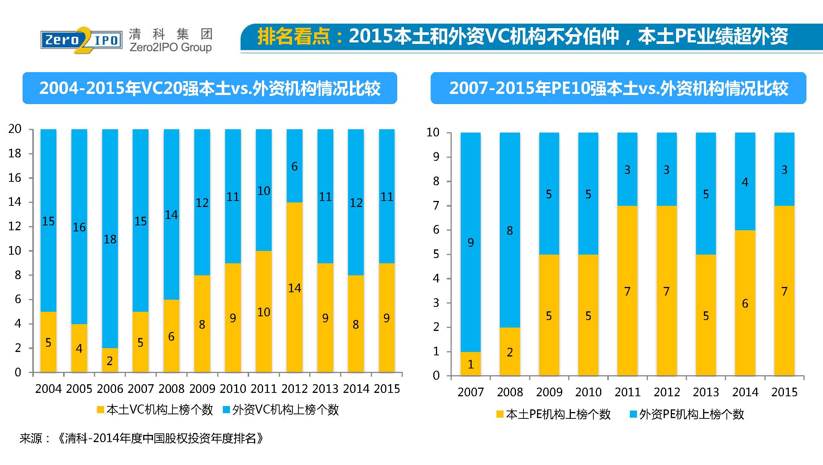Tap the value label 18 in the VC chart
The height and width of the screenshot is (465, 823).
[x=110, y=239]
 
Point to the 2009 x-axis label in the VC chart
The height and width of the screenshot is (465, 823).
[x=202, y=389]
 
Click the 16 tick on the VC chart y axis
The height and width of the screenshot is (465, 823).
[x=15, y=178]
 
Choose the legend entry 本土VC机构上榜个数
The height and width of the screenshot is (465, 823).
[x=155, y=410]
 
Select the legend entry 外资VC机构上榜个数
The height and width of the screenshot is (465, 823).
[x=281, y=410]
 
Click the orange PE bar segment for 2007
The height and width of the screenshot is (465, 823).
[x=471, y=364]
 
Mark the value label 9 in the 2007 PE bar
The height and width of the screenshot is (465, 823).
[x=471, y=243]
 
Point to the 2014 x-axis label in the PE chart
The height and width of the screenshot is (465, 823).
[x=745, y=392]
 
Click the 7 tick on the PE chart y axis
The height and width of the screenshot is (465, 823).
[x=436, y=205]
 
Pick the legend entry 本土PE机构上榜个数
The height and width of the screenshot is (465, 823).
[x=553, y=414]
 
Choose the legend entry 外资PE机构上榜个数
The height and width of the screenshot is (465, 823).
[x=687, y=414]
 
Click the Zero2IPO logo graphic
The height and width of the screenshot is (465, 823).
[x=82, y=40]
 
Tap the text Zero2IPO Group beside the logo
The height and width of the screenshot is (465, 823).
[x=170, y=47]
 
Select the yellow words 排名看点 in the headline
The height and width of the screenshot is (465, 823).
[x=293, y=36]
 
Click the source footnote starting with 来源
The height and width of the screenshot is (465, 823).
[x=142, y=438]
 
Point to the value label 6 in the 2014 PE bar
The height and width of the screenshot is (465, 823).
[x=745, y=303]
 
